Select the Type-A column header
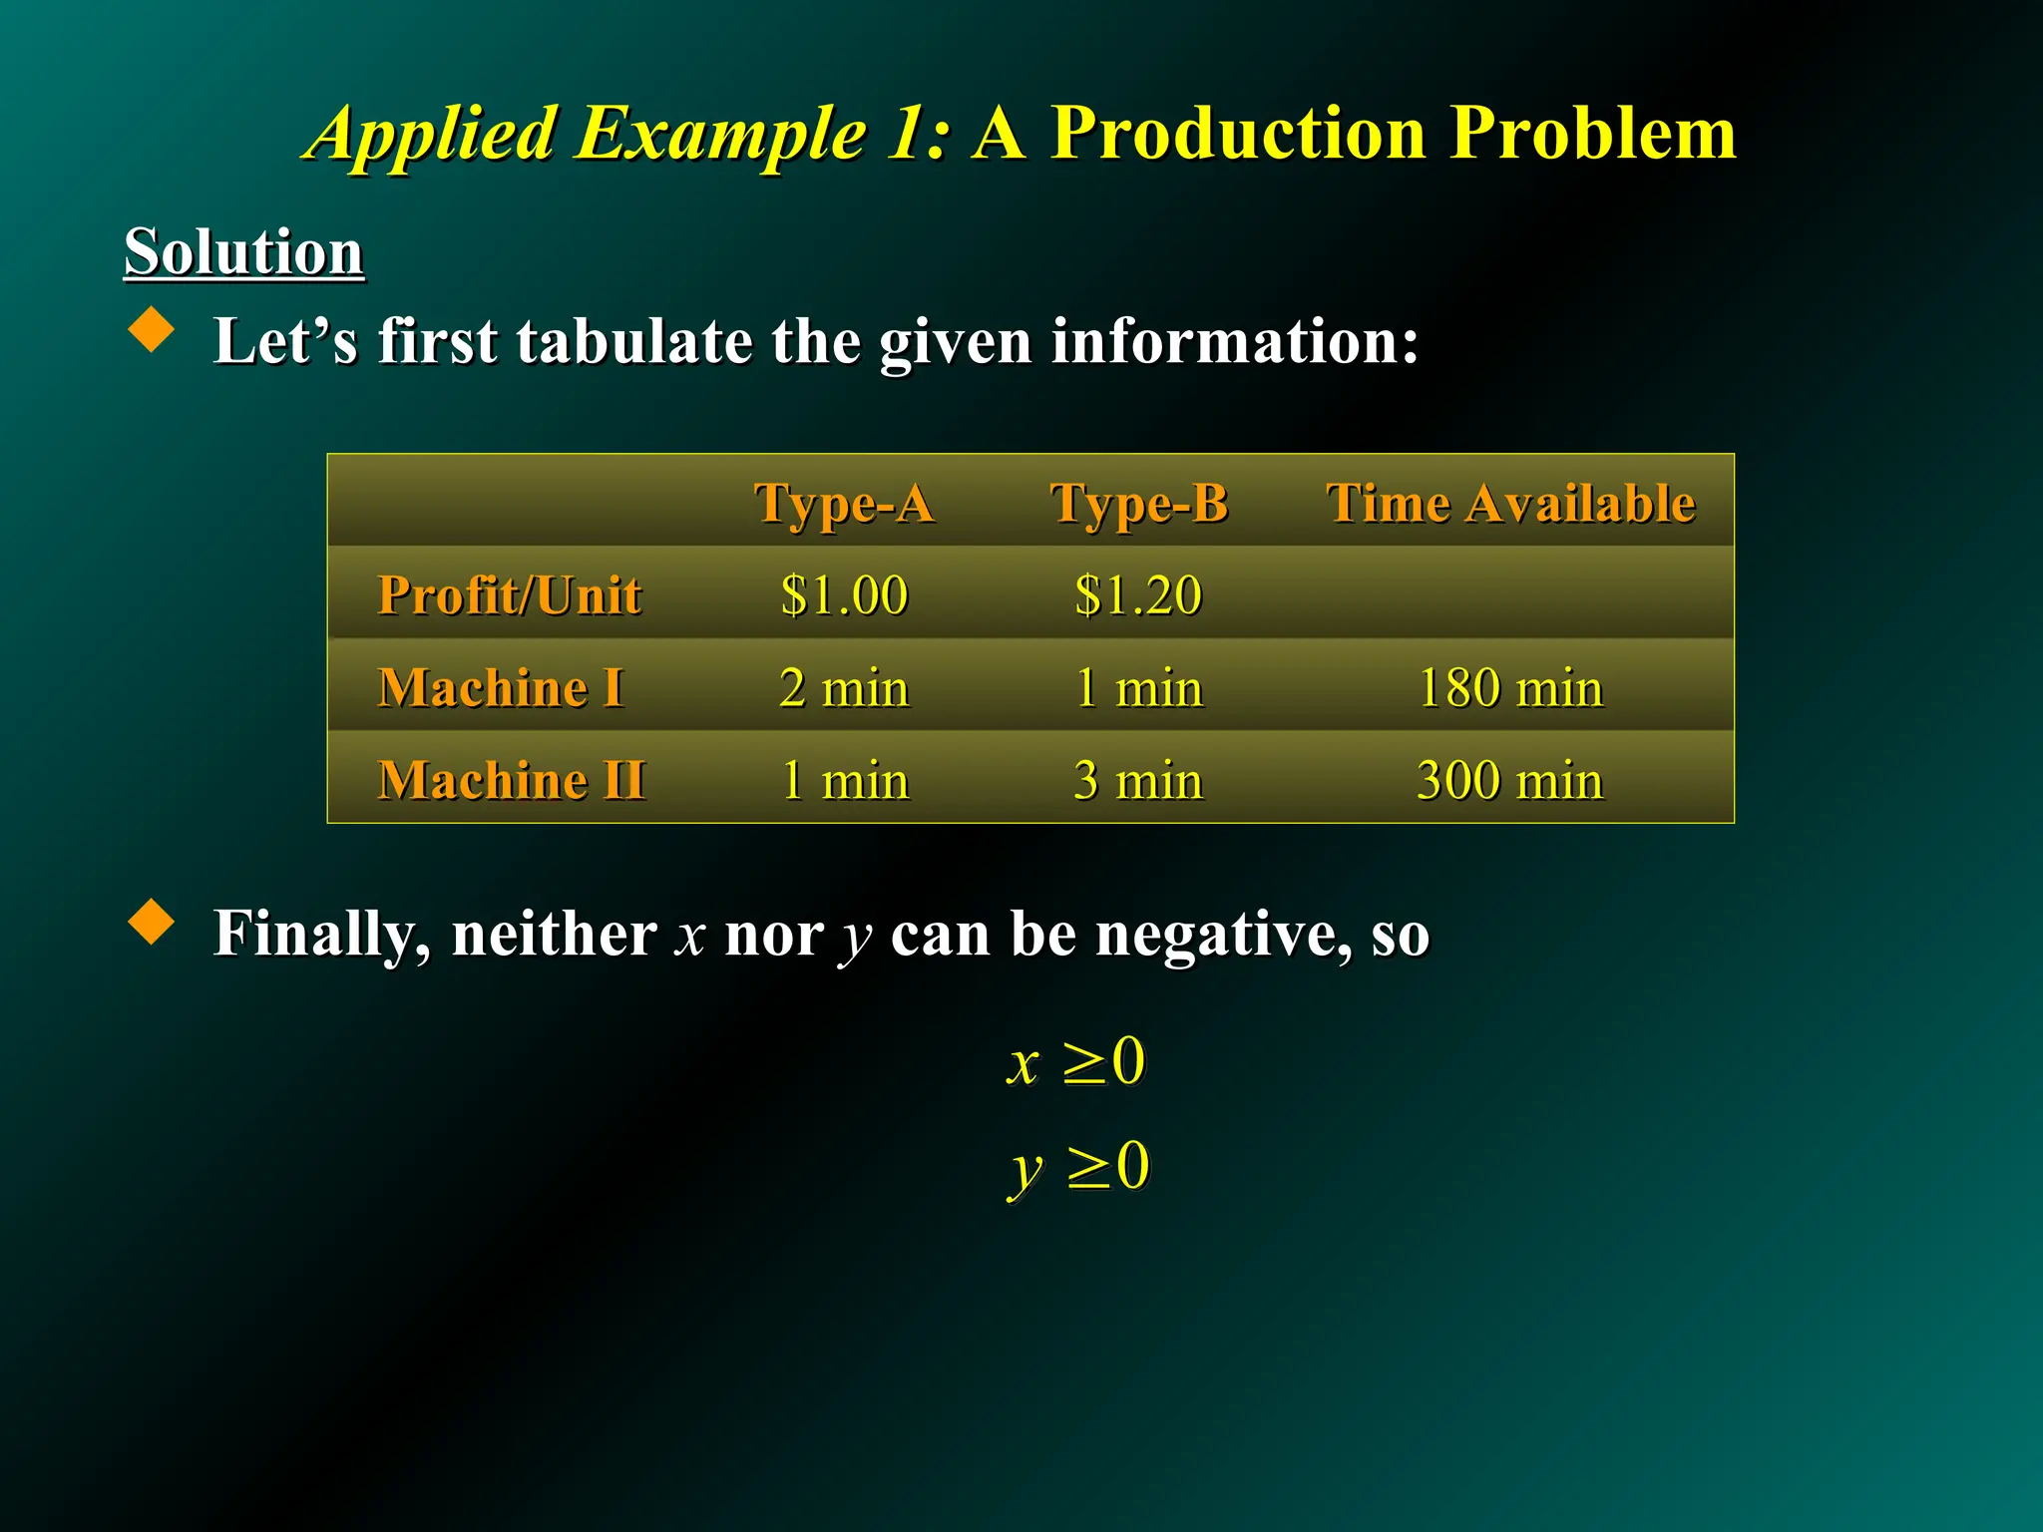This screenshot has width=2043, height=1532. click(x=844, y=503)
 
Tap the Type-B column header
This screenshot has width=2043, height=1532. click(x=1139, y=503)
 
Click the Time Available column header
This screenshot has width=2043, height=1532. click(x=1510, y=503)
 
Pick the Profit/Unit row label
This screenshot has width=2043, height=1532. click(x=509, y=595)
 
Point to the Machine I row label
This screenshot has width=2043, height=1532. click(x=501, y=688)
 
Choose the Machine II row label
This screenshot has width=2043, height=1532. click(x=511, y=780)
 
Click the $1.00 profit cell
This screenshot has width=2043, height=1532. click(x=844, y=595)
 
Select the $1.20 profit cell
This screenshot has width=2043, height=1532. click(x=1138, y=595)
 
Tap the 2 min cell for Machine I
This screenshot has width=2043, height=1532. click(x=844, y=688)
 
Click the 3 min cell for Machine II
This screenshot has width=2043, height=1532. click(x=1138, y=780)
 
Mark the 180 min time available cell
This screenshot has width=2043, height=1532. click(x=1510, y=688)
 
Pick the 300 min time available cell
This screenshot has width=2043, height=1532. click(x=1510, y=780)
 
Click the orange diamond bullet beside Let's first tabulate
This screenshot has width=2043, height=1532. click(x=152, y=329)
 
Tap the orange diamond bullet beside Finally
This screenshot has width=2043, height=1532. click(x=152, y=922)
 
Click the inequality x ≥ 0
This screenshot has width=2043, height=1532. click(x=1076, y=1061)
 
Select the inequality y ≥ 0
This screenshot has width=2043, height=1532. click(x=1078, y=1167)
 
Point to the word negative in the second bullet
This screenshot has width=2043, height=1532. click(x=1224, y=935)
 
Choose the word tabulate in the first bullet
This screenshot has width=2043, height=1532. click(x=633, y=341)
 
